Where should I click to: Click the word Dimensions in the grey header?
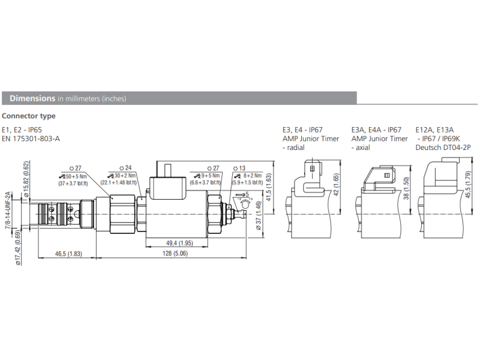32,98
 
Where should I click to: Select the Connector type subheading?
29,116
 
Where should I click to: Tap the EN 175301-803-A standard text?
31,139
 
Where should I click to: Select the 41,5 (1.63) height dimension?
268,186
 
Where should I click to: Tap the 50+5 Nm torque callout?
75,176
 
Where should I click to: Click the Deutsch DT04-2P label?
445,147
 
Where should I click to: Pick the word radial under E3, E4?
296,147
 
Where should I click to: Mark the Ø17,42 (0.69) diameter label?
18,247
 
